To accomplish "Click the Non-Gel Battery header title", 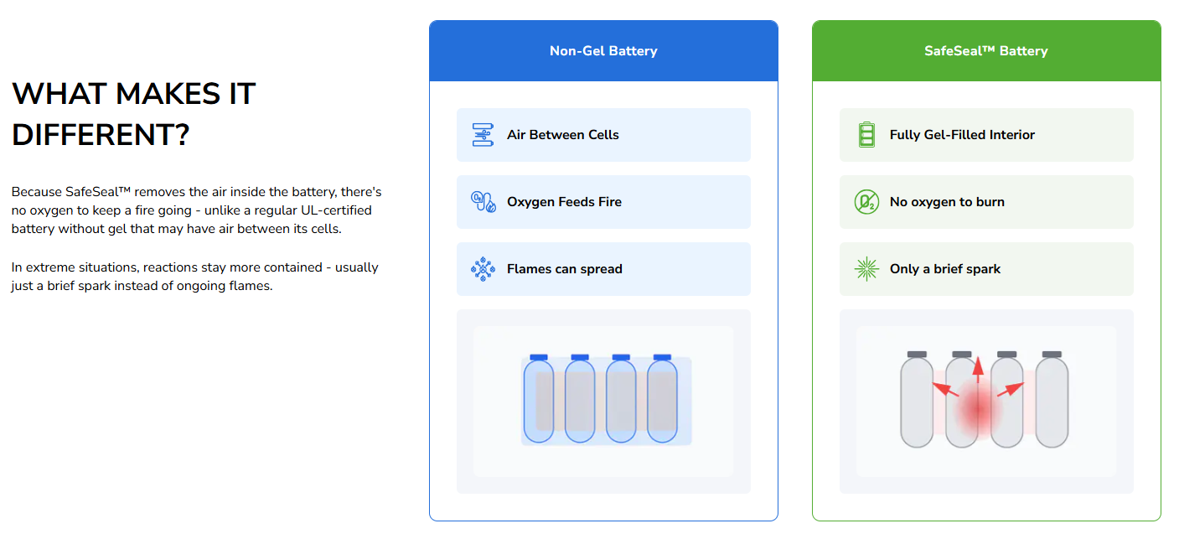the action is click(603, 51).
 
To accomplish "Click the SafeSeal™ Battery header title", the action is click(985, 51).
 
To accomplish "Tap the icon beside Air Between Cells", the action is click(483, 135).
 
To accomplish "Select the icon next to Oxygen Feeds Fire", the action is click(483, 201).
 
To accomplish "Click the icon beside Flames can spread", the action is click(483, 269).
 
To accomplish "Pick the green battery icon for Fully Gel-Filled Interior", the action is click(866, 135).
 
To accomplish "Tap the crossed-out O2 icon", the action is click(866, 201).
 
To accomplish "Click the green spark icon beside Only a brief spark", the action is click(866, 269).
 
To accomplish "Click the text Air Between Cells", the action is click(562, 135).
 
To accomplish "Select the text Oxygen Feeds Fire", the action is click(564, 201).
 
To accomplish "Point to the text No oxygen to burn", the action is click(947, 201).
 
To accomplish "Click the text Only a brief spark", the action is click(944, 269).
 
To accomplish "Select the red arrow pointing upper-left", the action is click(945, 390).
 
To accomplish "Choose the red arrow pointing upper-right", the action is click(1011, 390).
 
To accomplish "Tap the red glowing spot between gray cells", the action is click(978, 409).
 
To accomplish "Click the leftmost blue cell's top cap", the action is click(539, 357).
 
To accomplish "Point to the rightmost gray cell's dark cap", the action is click(1052, 355).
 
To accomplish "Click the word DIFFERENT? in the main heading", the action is click(101, 135).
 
